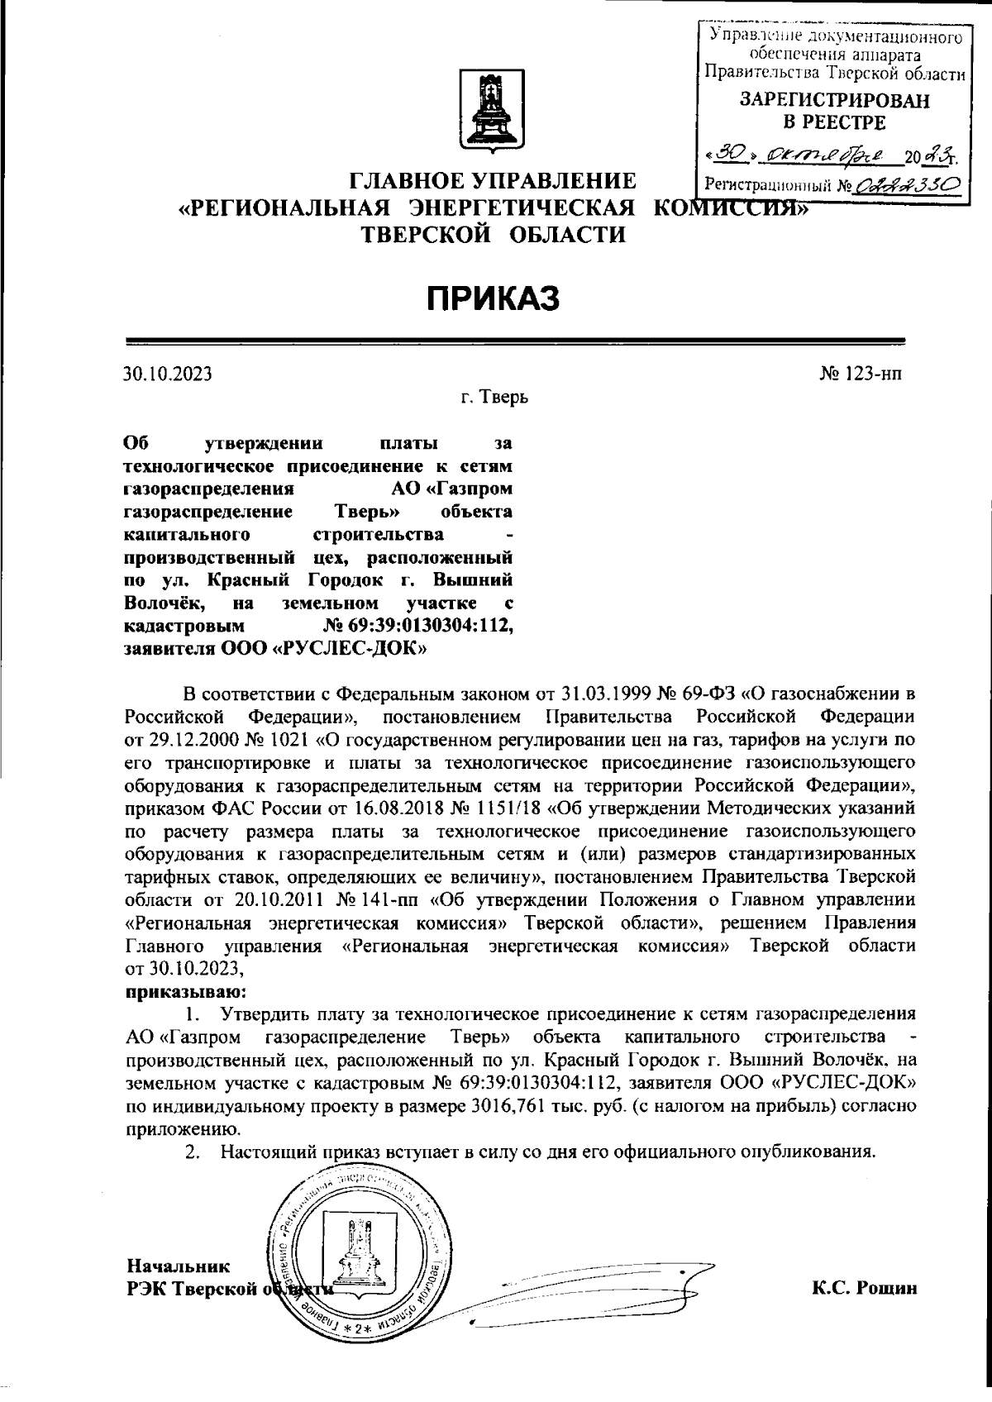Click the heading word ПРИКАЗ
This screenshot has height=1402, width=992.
(x=494, y=298)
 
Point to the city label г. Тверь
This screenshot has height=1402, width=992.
(x=494, y=398)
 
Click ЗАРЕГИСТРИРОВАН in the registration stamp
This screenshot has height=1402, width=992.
(x=833, y=101)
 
